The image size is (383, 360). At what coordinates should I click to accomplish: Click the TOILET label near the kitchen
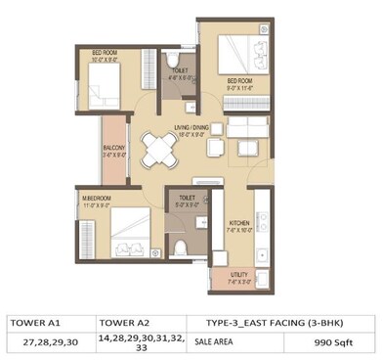pos(187,199)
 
